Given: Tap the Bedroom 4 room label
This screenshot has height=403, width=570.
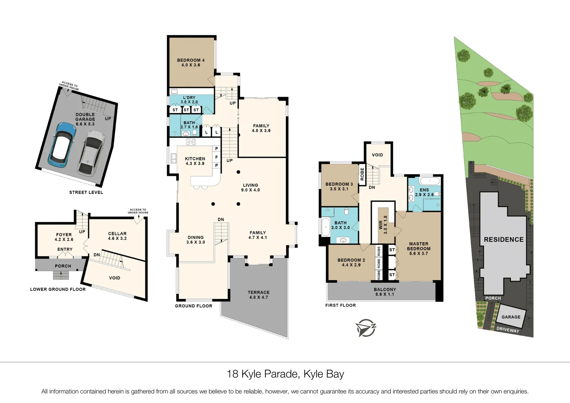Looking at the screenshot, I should [x=191, y=62].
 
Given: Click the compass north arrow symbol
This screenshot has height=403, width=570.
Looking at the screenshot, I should [x=365, y=328].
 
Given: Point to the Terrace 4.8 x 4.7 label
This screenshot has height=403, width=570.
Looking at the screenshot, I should [x=258, y=295].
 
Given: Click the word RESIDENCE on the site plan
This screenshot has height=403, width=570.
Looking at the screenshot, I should [x=504, y=240].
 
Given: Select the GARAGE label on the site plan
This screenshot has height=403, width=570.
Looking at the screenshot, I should [x=511, y=317].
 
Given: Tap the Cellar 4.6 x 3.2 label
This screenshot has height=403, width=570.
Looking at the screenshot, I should [x=117, y=236].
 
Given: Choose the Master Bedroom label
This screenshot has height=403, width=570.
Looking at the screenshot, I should [x=418, y=249].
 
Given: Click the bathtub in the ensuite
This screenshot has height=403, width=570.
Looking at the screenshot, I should [x=430, y=181].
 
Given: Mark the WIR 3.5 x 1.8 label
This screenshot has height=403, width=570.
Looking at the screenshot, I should [x=383, y=225].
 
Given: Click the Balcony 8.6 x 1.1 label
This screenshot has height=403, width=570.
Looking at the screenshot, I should [x=385, y=292].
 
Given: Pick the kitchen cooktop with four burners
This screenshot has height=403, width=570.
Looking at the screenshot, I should [x=191, y=142].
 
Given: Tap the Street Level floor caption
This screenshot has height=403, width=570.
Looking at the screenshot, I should [x=86, y=192].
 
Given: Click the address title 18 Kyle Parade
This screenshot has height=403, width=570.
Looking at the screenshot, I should [x=285, y=374].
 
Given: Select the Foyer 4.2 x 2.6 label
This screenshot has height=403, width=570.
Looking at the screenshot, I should [x=64, y=237].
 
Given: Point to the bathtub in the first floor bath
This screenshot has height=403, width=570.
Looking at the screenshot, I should [x=325, y=227].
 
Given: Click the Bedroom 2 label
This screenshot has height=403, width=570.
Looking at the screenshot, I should [x=351, y=262].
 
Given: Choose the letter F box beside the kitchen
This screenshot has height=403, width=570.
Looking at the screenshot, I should [x=217, y=157].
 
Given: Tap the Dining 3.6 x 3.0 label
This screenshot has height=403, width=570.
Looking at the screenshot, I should [x=196, y=240].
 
